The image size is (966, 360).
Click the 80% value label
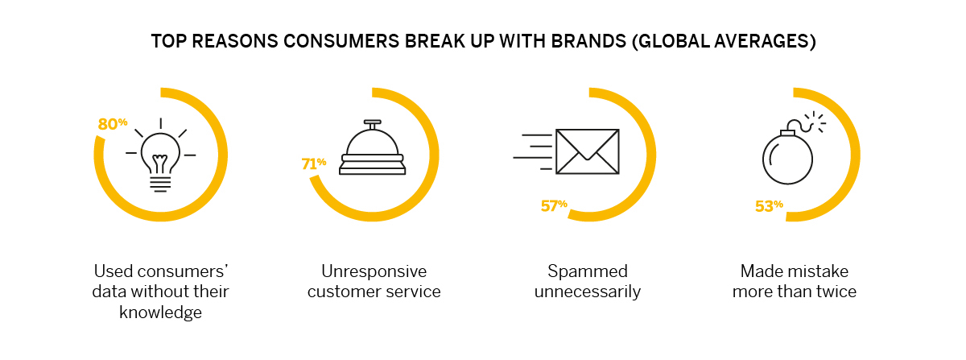[x=113, y=124]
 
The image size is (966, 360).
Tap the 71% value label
[x=313, y=163]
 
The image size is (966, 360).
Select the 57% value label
[x=554, y=205]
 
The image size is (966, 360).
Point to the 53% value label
[x=769, y=206]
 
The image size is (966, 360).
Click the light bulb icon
[x=160, y=155]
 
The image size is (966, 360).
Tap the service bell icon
[x=372, y=147]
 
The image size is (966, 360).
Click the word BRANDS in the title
[x=588, y=41]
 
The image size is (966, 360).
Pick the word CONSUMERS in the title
[x=341, y=41]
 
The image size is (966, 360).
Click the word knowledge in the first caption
[x=160, y=312]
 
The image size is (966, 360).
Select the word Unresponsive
[x=374, y=271]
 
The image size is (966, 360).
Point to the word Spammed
[x=588, y=271]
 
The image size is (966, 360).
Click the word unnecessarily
[x=588, y=292]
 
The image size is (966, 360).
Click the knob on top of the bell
[x=372, y=124]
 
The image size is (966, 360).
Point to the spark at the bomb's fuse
[x=815, y=122]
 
